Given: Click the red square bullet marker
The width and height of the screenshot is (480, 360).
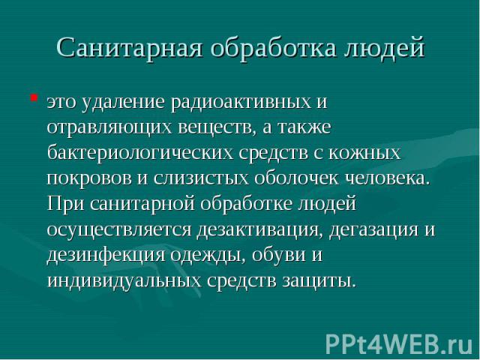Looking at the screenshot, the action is coord(34,98).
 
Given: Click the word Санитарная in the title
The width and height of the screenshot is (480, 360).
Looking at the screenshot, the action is coord(130,47).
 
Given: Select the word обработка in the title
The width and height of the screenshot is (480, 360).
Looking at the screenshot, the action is coord(273,47).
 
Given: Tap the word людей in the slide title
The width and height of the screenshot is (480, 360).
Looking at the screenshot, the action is coord(385,47).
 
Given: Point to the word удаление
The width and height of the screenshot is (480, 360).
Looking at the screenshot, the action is coord(123,102).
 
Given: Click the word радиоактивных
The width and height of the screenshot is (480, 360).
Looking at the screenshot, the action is coord(241,102).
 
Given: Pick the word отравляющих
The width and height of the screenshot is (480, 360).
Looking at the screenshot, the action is coord(109,127).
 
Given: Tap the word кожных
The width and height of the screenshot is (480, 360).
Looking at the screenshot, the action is coord(365,153).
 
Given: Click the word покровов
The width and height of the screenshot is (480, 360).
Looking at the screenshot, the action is coord(89,178).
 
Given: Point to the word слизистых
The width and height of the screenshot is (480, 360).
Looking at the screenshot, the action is coord(201,178).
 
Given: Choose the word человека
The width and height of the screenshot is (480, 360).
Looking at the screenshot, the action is coord(388,178).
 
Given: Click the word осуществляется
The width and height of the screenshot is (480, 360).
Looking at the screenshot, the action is coord(119,229).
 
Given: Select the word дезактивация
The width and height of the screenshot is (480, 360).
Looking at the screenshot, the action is coord(260,229).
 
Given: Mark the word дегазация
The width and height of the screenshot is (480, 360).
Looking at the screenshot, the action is coord(373,229).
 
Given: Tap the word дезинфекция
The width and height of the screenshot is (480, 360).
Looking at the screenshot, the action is coord(106,255).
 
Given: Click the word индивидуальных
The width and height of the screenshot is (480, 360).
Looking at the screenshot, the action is coord(124,280).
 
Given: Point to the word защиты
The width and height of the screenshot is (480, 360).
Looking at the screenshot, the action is coord(319,280).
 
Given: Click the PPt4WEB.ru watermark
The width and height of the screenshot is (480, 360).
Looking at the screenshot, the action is coord(400,344).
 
